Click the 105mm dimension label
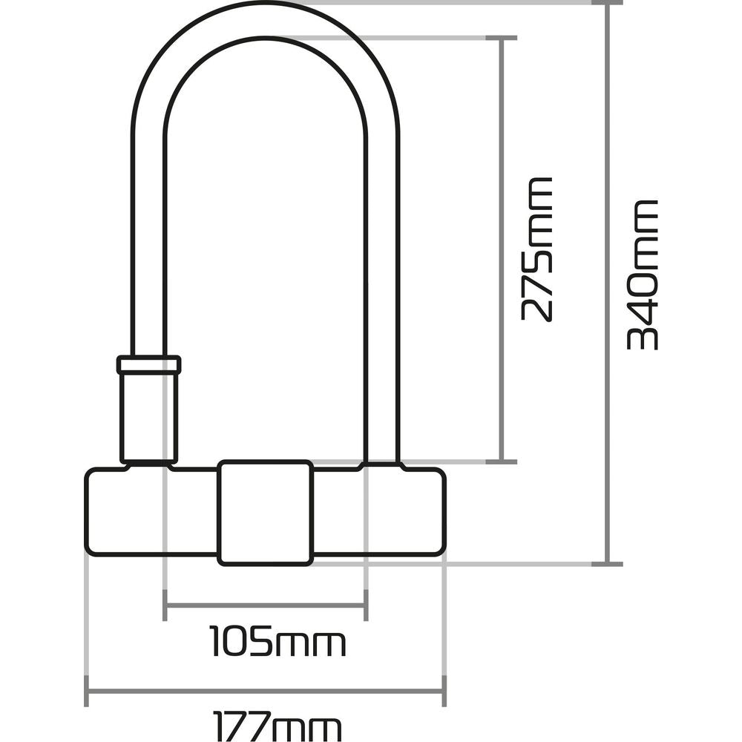click(x=278, y=641)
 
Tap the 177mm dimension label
click(x=277, y=726)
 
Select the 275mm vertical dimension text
click(x=536, y=249)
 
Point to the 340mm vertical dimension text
click(x=643, y=275)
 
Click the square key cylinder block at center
click(x=265, y=512)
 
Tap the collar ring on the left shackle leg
click(x=148, y=364)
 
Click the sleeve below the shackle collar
click(x=148, y=416)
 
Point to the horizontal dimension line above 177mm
click(x=265, y=692)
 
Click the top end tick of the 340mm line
click(x=608, y=2)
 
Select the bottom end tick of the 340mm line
click(x=608, y=564)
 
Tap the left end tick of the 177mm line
click(x=87, y=692)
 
